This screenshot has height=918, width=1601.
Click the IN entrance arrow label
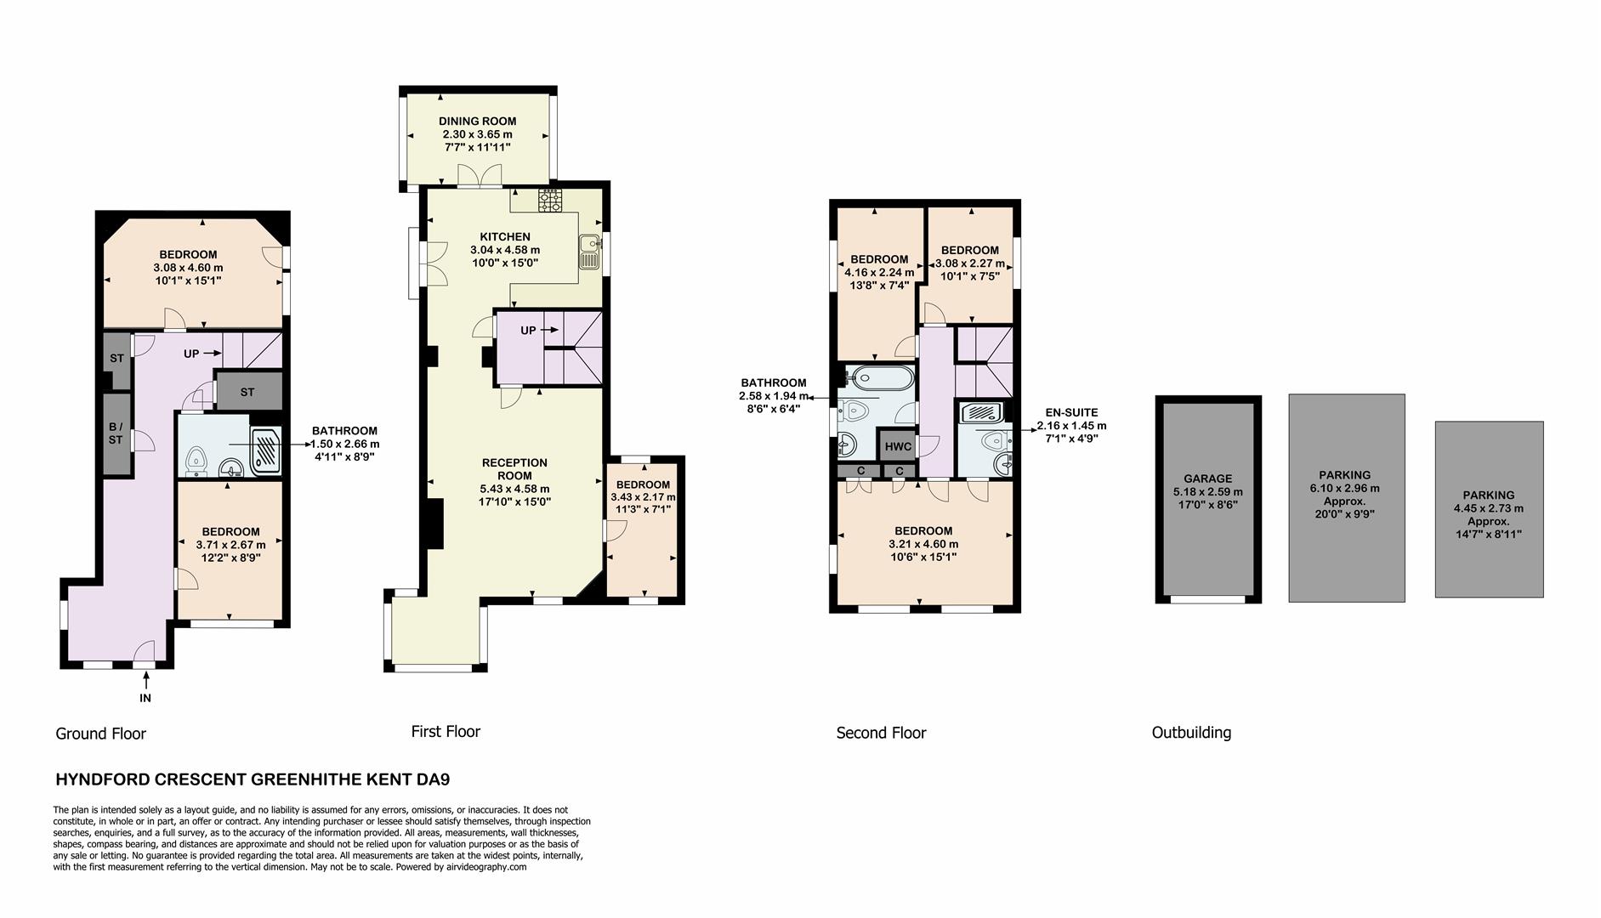[145, 698]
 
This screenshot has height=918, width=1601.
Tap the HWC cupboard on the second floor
[898, 446]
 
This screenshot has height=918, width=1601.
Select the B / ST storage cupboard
[116, 433]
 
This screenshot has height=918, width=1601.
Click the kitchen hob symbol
[550, 201]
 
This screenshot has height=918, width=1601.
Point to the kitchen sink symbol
[588, 252]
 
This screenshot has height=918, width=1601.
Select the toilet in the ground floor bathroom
[196, 458]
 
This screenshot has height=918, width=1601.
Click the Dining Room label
[477, 122]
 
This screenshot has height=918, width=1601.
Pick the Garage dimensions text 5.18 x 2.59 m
[1207, 491]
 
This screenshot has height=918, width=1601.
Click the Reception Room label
[514, 469]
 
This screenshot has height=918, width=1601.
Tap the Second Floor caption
[881, 733]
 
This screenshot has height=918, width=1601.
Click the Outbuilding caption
[1190, 733]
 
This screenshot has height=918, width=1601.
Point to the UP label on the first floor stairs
[529, 331]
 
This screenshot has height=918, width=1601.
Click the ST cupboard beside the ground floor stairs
[247, 392]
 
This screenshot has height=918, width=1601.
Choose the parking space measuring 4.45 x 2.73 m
[1488, 510]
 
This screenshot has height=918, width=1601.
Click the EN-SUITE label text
[1071, 412]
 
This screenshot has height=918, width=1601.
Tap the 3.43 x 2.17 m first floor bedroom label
[643, 497]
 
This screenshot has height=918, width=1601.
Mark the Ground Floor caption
[100, 734]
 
